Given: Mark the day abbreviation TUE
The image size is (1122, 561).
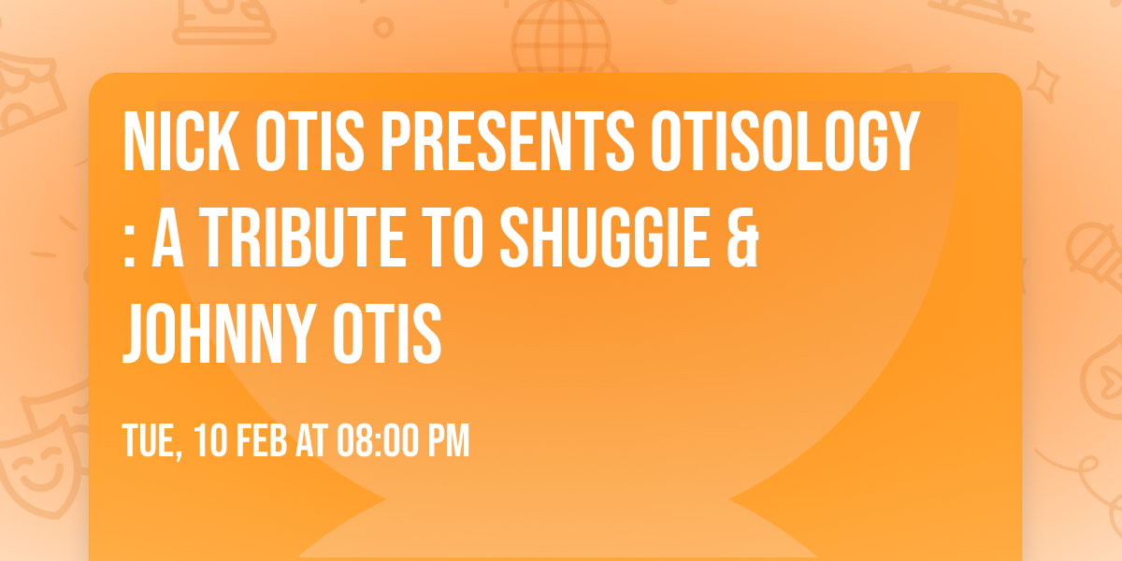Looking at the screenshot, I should (150, 441).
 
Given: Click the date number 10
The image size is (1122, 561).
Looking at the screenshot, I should (211, 441).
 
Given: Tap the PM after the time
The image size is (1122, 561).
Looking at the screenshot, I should (446, 441).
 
